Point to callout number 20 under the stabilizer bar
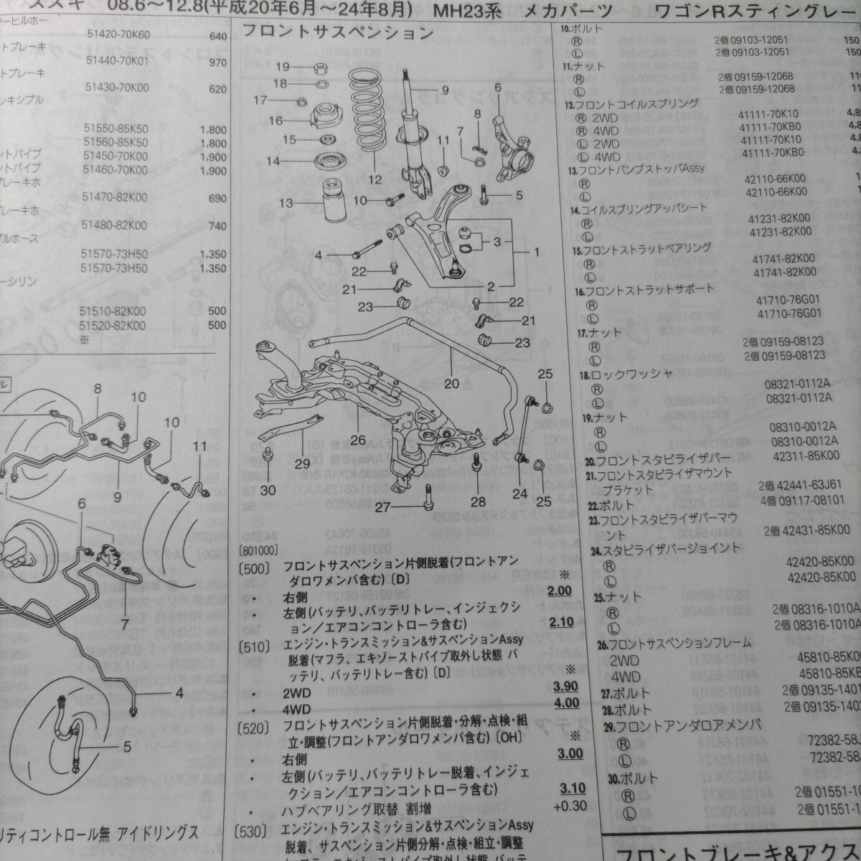point(451,384)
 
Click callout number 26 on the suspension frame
point(358,439)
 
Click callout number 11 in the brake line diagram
point(199,446)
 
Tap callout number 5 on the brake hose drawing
point(126,746)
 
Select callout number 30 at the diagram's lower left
point(268,490)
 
